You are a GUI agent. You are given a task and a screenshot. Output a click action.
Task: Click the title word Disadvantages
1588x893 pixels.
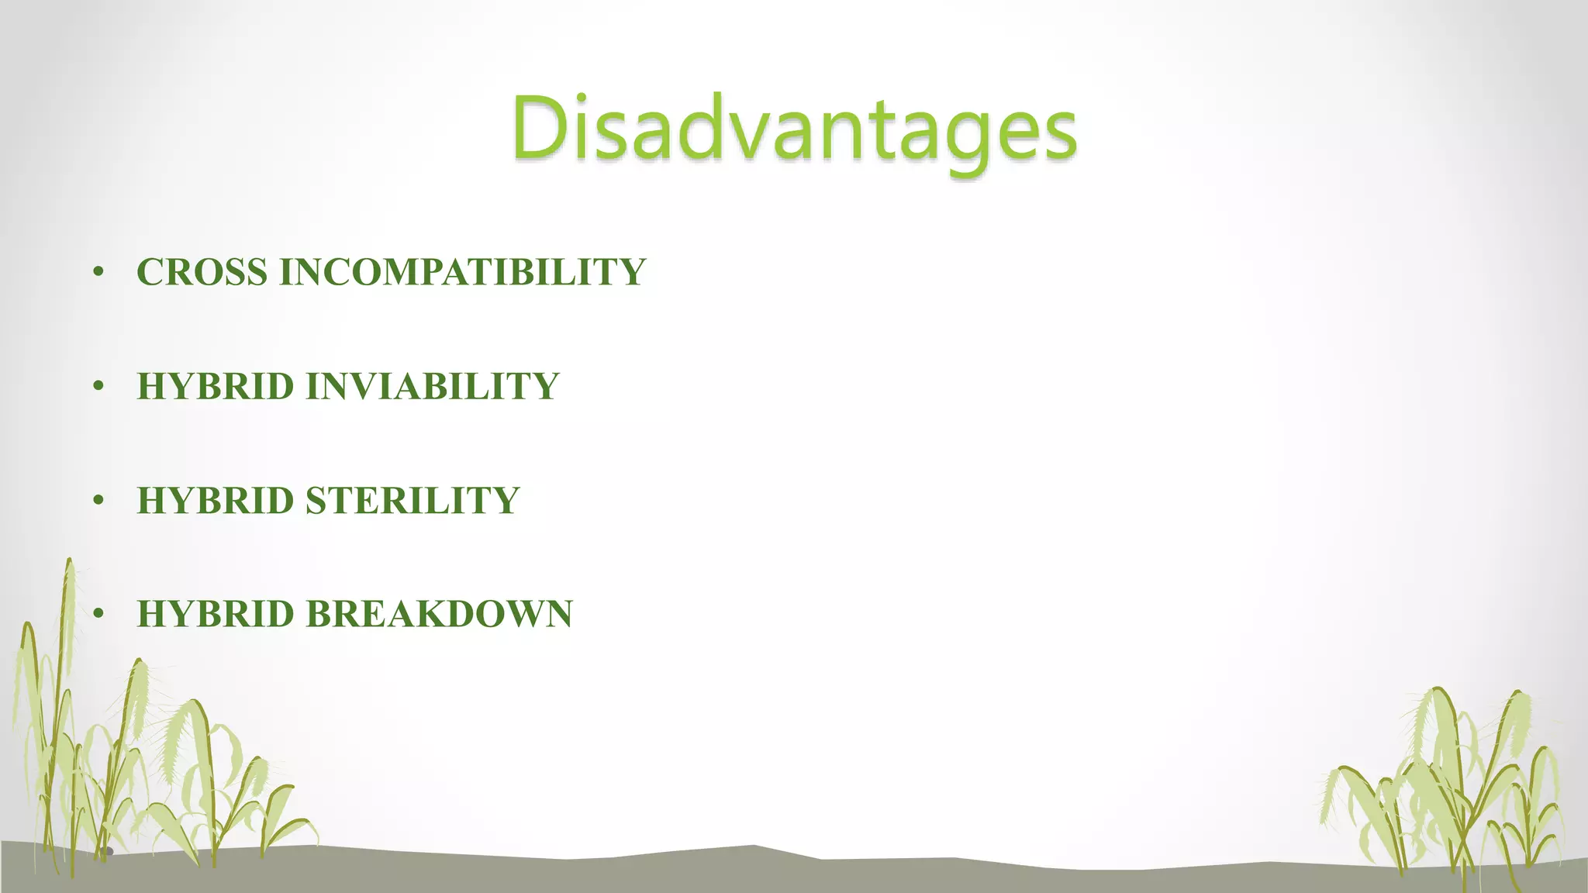(794, 128)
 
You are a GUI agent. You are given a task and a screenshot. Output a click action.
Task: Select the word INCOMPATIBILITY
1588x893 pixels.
(462, 272)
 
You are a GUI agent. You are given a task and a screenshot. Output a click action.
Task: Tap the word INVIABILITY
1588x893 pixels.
(433, 386)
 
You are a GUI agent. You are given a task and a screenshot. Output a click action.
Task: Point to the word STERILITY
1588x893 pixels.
(413, 500)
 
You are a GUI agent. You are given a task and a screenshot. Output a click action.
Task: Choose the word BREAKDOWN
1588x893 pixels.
(439, 614)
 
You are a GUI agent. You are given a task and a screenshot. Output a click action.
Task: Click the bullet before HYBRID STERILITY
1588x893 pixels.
(98, 501)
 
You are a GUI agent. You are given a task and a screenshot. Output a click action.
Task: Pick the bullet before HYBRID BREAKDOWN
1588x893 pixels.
(98, 615)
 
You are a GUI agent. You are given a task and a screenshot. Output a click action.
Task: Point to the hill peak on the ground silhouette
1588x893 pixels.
(754, 846)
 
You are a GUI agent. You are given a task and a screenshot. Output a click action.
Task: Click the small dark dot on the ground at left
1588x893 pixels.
(109, 851)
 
